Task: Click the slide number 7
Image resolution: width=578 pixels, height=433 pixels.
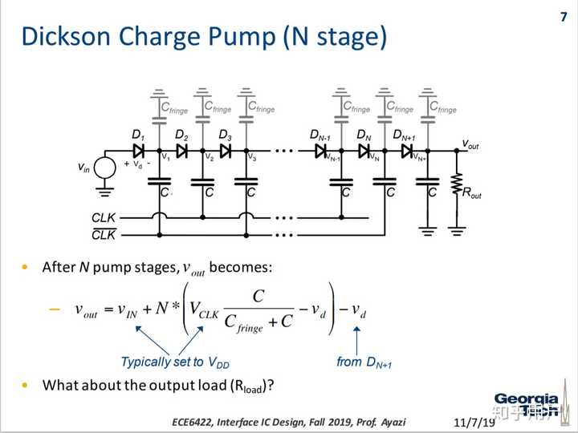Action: click(564, 17)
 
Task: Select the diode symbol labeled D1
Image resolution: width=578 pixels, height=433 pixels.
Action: click(139, 150)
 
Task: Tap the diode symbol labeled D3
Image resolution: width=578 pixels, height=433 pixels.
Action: click(226, 150)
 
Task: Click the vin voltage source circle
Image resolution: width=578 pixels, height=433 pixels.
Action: click(105, 168)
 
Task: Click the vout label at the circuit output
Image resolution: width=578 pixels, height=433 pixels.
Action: click(472, 144)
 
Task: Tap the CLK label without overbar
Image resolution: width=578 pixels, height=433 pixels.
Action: click(104, 216)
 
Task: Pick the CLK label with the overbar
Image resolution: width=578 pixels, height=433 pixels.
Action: click(104, 235)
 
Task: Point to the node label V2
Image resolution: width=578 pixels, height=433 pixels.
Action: click(209, 157)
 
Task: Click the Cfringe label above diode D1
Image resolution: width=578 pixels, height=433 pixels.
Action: click(174, 106)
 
